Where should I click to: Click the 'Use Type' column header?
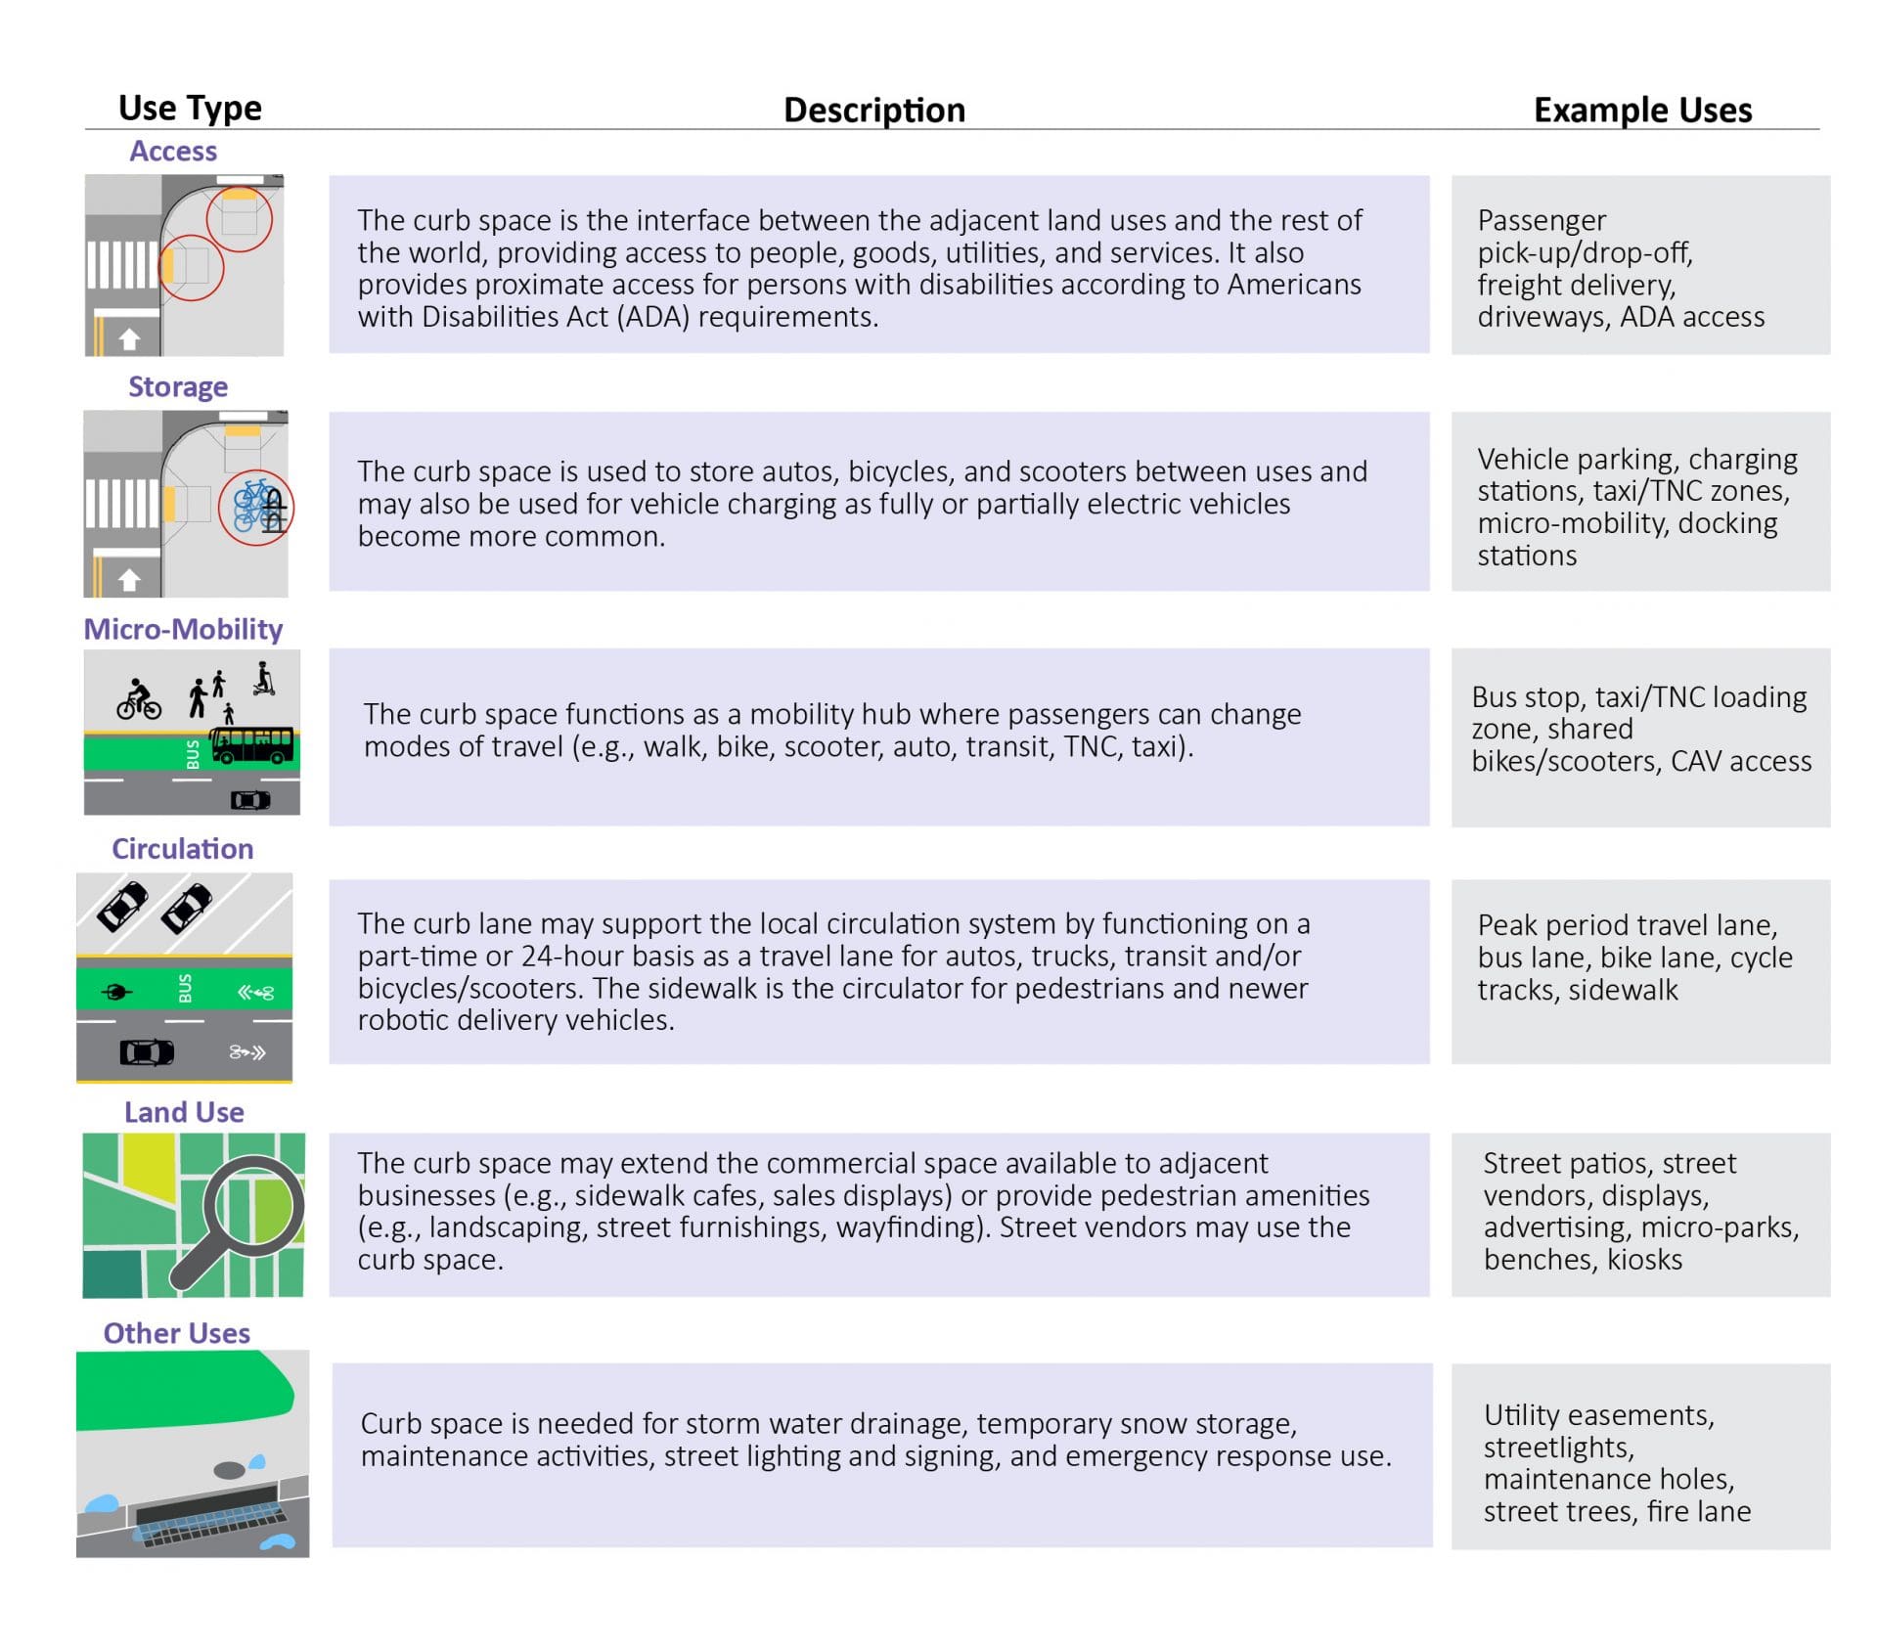190,107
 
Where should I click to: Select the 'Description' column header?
873,110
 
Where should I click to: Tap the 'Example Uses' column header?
1641,110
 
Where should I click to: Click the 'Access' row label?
173,151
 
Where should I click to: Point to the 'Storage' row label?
178,386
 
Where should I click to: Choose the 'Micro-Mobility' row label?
183,629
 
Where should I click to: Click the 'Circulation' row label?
182,848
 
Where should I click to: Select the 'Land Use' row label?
184,1112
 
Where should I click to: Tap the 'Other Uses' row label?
176,1333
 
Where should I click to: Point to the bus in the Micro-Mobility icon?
252,745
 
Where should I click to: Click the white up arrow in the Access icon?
129,339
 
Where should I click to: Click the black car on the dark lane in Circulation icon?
147,1052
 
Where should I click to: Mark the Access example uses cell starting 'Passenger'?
1639,266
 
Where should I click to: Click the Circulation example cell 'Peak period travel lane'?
1639,957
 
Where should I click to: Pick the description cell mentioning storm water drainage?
880,1454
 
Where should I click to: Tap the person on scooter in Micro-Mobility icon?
263,680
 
